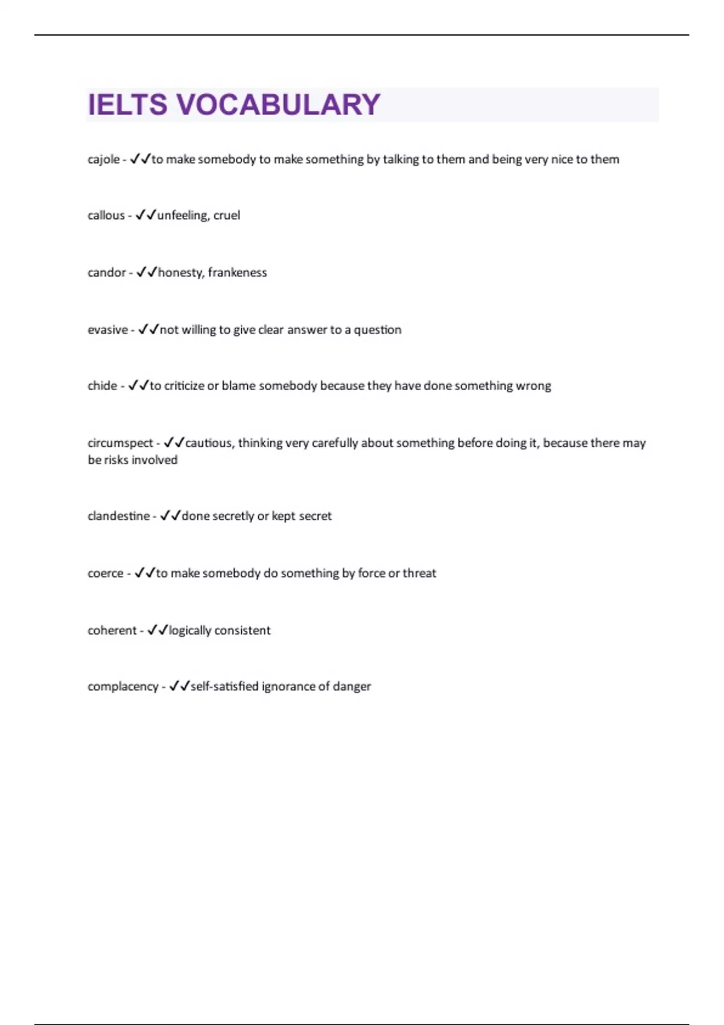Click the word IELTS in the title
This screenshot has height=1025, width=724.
coord(127,105)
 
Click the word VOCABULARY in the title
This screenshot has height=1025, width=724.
coord(278,105)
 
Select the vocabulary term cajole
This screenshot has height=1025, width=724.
coord(103,160)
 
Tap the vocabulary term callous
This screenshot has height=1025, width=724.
coord(106,215)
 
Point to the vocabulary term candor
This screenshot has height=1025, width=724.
coord(106,273)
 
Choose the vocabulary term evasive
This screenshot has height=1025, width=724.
coord(107,330)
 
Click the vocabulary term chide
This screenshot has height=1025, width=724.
coord(102,386)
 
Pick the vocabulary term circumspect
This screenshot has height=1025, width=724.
coord(120,443)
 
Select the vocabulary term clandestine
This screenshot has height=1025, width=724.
coord(118,516)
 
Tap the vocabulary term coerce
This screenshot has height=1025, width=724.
coord(105,573)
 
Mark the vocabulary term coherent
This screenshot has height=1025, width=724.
coord(112,631)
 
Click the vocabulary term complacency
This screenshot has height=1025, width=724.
coord(122,687)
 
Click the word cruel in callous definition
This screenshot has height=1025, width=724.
coord(226,215)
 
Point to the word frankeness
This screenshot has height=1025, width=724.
coord(237,273)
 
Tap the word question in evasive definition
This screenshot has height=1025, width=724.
coord(377,330)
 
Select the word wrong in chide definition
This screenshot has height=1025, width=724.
coord(533,386)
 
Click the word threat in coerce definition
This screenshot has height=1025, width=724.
coord(419,573)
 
